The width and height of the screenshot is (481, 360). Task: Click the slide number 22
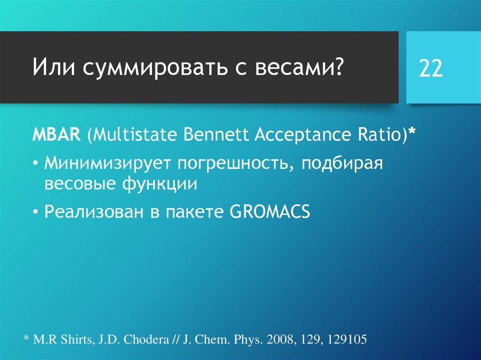click(431, 69)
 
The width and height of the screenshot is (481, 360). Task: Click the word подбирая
click(342, 164)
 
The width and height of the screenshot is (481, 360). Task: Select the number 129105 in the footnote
click(347, 339)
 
